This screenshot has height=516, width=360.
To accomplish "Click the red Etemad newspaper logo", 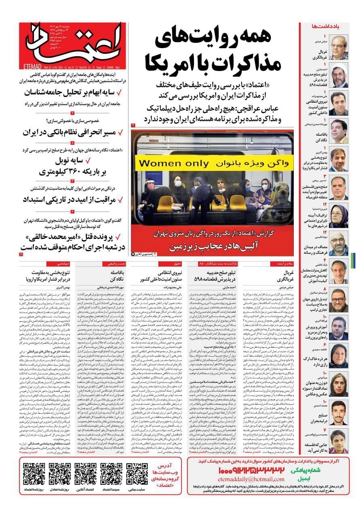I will click(x=73, y=40).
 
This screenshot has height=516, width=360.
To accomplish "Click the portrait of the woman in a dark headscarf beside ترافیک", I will click(x=339, y=216).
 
